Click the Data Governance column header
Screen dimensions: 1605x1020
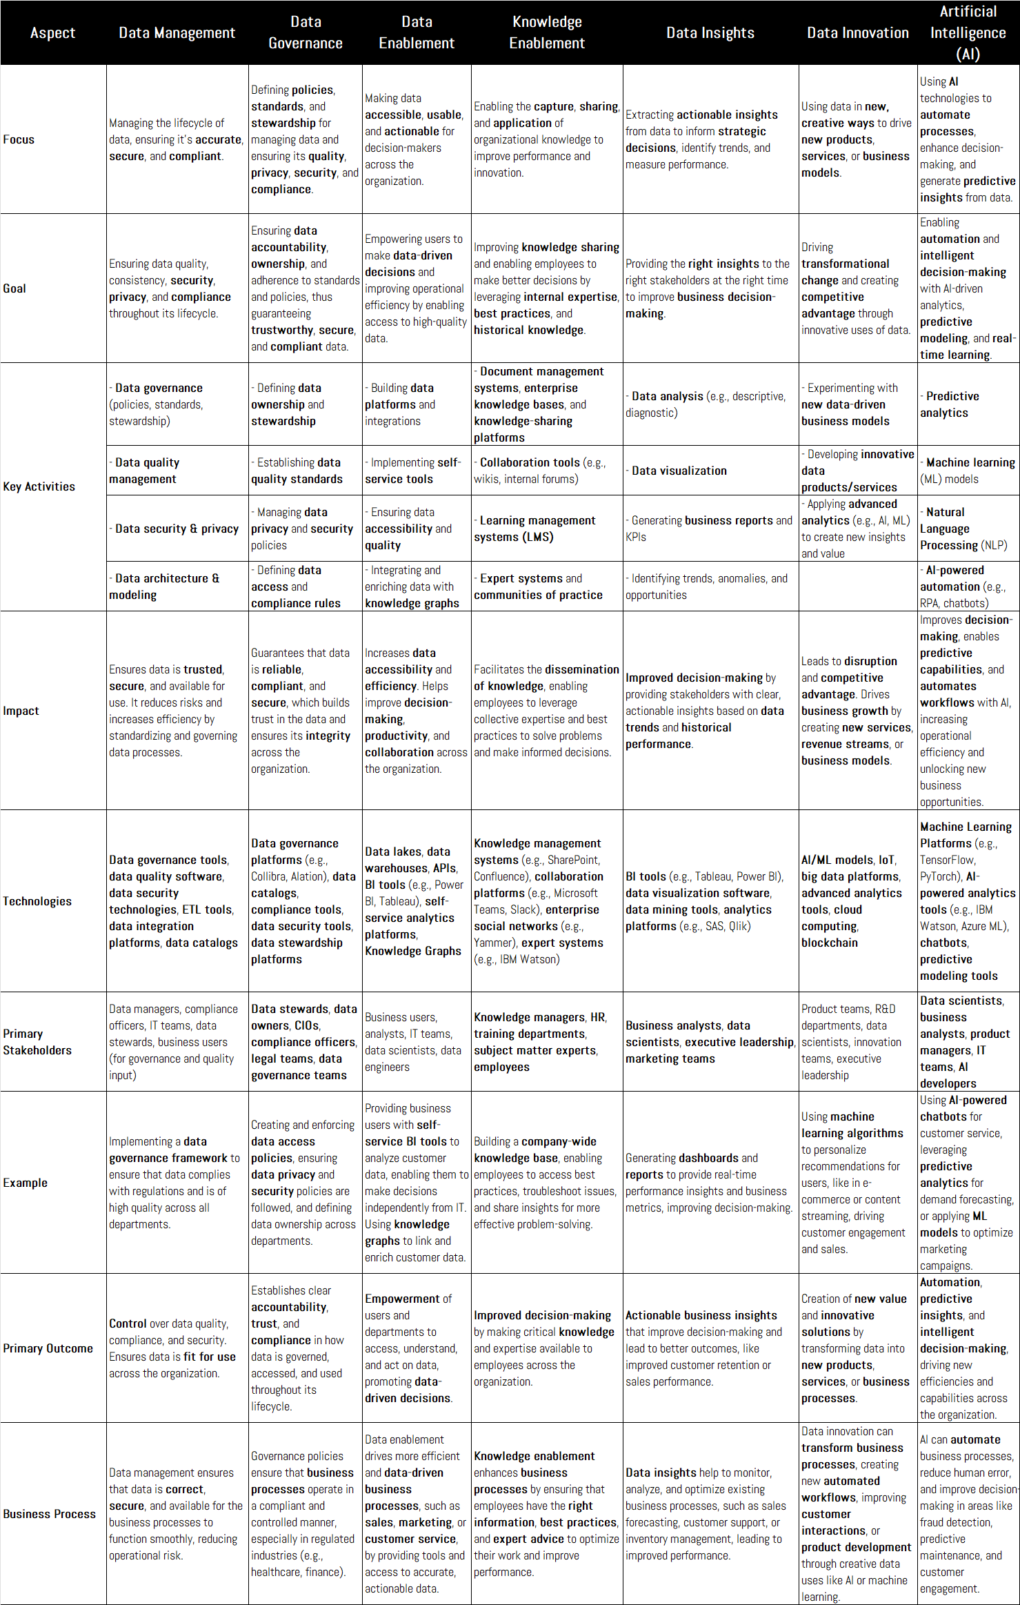click(305, 32)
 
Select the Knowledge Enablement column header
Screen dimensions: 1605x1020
click(546, 32)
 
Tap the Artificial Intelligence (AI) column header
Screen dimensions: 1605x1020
click(968, 32)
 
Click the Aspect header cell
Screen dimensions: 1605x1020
click(52, 32)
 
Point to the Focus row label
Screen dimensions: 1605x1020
click(19, 139)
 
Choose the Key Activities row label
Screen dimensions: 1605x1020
click(39, 486)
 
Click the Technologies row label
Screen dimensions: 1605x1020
click(37, 901)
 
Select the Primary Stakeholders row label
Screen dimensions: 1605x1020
click(37, 1042)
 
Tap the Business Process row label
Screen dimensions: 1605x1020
click(49, 1514)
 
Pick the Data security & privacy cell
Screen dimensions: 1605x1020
click(177, 529)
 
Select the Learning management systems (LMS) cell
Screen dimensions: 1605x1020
click(534, 529)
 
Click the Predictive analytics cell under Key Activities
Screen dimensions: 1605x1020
click(952, 404)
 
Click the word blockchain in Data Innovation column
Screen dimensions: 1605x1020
click(830, 943)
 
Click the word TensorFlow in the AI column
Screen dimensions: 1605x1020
click(948, 860)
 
